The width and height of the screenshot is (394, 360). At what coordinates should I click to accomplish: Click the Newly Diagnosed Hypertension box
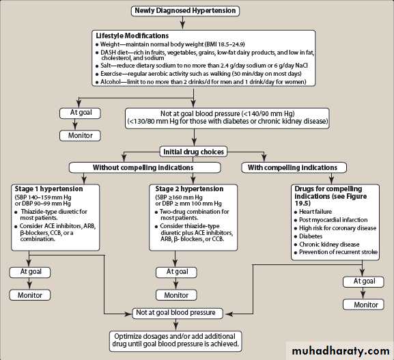pyautogui.click(x=185, y=11)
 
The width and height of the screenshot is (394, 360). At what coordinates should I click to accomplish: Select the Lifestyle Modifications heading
pyautogui.click(x=132, y=36)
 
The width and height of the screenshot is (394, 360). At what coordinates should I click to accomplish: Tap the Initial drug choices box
pyautogui.click(x=193, y=152)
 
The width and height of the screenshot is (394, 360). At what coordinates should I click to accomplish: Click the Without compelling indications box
pyautogui.click(x=145, y=167)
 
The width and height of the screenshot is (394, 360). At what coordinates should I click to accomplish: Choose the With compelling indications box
pyautogui.click(x=294, y=167)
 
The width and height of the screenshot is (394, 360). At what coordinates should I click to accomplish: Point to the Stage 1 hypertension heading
pyautogui.click(x=48, y=189)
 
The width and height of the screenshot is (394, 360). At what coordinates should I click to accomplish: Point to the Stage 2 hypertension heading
pyautogui.click(x=189, y=189)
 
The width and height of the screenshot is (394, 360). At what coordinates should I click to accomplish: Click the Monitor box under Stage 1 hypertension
pyautogui.click(x=30, y=295)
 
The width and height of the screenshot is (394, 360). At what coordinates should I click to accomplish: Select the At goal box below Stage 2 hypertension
pyautogui.click(x=176, y=272)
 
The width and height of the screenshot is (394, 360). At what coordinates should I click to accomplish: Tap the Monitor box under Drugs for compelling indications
pyautogui.click(x=363, y=305)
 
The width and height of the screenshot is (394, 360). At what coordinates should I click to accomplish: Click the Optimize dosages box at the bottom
pyautogui.click(x=175, y=340)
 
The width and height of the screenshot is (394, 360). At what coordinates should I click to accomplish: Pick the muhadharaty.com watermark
pyautogui.click(x=341, y=350)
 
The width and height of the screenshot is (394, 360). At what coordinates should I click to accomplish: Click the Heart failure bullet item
pyautogui.click(x=313, y=212)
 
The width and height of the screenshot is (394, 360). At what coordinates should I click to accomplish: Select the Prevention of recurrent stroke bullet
pyautogui.click(x=336, y=252)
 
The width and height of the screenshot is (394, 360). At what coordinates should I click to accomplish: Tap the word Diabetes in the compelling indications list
pyautogui.click(x=311, y=236)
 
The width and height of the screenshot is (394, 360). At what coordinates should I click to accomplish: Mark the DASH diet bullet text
pyautogui.click(x=205, y=55)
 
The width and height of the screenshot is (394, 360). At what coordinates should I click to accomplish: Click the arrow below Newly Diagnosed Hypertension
pyautogui.click(x=183, y=23)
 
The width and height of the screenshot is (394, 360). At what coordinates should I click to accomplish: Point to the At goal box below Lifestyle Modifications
pyautogui.click(x=80, y=113)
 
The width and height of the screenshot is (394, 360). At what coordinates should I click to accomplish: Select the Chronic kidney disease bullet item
pyautogui.click(x=326, y=245)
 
